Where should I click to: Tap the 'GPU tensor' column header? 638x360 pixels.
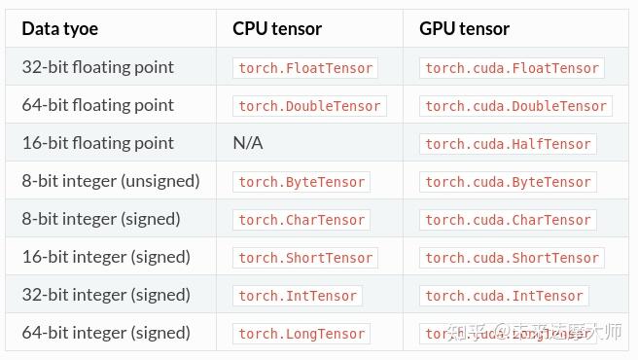[x=464, y=28]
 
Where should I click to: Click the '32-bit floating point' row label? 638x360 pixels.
[x=97, y=67]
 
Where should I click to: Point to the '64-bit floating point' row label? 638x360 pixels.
[x=97, y=105]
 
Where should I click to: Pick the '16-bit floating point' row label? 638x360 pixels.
[x=97, y=143]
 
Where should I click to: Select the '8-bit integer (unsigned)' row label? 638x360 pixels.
[x=110, y=181]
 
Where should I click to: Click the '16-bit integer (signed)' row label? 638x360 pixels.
[x=105, y=257]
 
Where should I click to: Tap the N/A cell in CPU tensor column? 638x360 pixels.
[x=248, y=143]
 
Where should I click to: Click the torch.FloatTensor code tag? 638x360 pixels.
[x=305, y=68]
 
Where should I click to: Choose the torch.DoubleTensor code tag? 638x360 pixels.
[x=309, y=106]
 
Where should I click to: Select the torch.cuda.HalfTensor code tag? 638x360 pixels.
[x=508, y=144]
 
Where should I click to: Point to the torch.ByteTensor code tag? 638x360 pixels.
[x=301, y=182]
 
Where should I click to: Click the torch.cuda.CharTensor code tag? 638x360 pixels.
[x=508, y=220]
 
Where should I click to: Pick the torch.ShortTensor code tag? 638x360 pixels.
[x=305, y=258]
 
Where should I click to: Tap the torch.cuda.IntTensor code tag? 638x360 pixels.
[x=504, y=296]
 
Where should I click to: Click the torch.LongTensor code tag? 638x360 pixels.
[x=301, y=334]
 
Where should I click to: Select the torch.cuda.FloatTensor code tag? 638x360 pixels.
[x=512, y=68]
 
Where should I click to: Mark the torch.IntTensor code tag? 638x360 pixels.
[x=298, y=296]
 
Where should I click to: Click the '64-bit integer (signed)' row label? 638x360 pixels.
[x=105, y=333]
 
